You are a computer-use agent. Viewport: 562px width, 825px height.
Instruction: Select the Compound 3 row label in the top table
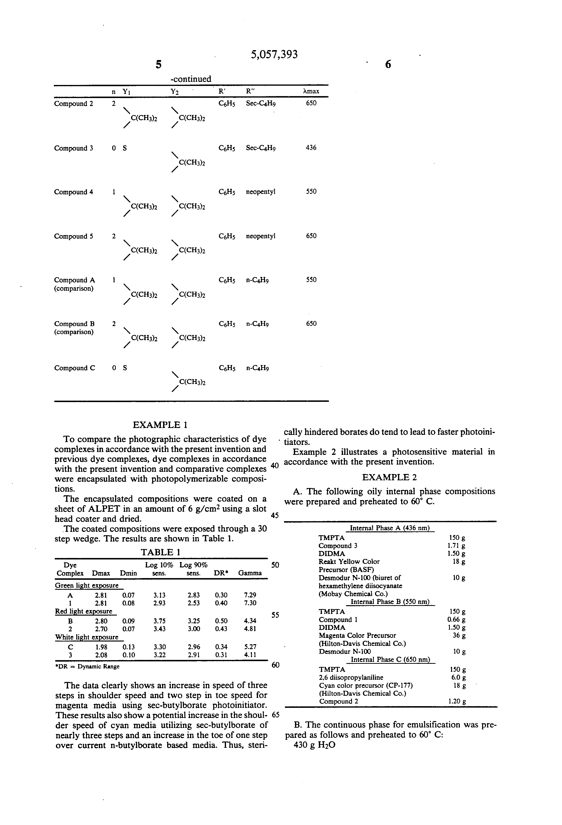(x=74, y=148)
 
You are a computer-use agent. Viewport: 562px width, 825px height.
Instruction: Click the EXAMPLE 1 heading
(x=160, y=425)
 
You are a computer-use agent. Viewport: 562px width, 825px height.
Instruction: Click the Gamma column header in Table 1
(x=250, y=573)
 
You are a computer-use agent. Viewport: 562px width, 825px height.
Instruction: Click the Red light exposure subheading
(x=84, y=611)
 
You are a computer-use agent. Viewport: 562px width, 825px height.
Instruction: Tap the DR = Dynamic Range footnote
(x=87, y=666)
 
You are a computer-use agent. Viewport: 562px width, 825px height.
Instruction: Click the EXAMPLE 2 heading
(x=389, y=477)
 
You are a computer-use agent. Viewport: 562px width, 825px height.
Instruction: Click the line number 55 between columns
(x=275, y=615)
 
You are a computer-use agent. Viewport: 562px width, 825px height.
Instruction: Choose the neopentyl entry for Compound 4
(x=260, y=192)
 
